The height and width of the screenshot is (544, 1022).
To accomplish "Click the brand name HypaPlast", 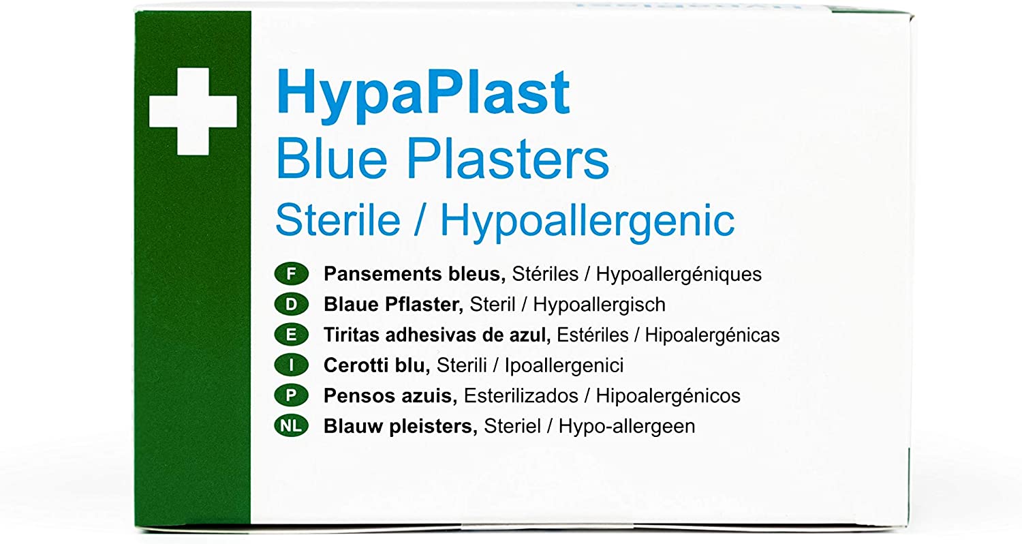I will (x=422, y=95).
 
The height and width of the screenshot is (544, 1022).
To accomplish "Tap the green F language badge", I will (x=291, y=274).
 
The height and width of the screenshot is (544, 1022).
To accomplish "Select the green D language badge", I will (x=291, y=305).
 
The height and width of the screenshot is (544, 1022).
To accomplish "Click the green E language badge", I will (x=291, y=335).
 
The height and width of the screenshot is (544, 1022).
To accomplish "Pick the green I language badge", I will (x=291, y=365).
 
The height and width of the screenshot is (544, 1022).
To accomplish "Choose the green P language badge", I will (x=291, y=395).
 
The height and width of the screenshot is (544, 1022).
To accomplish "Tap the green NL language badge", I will (x=291, y=426).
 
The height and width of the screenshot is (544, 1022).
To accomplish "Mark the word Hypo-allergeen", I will (x=627, y=427).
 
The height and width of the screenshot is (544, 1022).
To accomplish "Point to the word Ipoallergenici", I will (x=564, y=366).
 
